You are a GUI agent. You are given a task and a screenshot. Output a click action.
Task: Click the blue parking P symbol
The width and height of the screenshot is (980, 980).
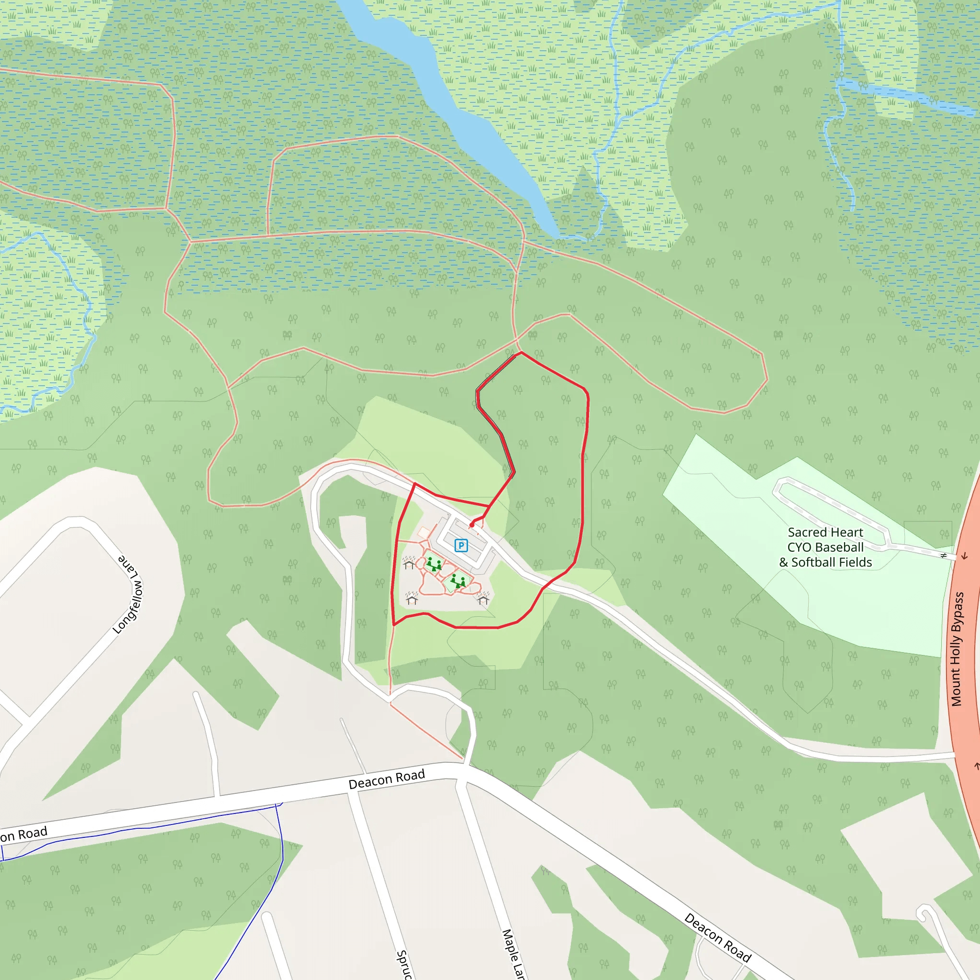[461, 546]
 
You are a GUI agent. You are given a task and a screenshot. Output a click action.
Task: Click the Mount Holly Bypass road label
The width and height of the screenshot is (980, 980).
[957, 649]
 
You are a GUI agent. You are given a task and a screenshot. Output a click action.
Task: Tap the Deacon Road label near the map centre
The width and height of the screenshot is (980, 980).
[387, 779]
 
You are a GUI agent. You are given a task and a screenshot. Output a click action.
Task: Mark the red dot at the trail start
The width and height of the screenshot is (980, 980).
[472, 525]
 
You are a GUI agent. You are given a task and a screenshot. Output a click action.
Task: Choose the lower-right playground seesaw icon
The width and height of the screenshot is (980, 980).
[458, 581]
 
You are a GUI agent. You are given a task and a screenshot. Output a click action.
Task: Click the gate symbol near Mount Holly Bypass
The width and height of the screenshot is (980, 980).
[944, 556]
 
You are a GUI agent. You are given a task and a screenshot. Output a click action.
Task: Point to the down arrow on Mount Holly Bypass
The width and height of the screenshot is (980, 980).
[964, 557]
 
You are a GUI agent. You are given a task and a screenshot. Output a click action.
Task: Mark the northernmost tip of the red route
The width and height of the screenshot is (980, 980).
[521, 353]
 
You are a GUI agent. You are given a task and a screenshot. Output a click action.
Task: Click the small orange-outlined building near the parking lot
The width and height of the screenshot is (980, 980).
[423, 532]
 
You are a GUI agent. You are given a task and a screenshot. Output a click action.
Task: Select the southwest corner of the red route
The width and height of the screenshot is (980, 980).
[394, 625]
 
